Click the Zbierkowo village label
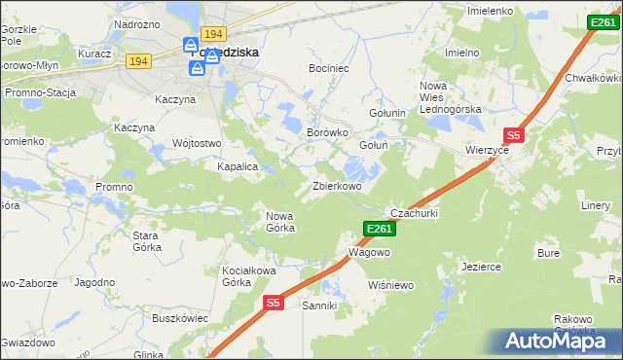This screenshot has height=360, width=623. (x=337, y=186)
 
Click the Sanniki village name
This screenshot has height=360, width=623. (x=319, y=306)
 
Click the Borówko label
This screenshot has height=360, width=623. (x=327, y=132)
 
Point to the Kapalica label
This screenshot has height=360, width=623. (x=237, y=166)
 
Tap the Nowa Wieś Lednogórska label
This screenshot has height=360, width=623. (x=451, y=97)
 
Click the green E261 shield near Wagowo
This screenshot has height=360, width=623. (x=379, y=229)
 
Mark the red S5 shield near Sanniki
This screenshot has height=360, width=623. (x=273, y=304)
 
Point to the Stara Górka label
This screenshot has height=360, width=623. (x=146, y=241)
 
